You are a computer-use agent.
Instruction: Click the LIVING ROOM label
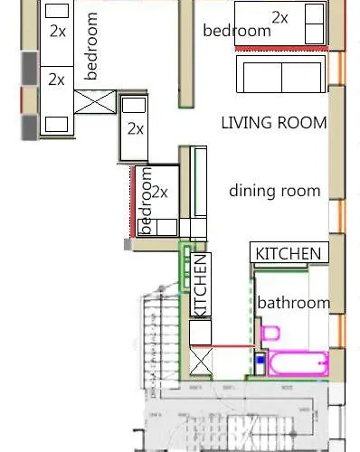click(x=274, y=123)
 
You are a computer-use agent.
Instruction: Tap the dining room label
click(x=274, y=191)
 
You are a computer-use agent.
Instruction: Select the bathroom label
click(x=294, y=303)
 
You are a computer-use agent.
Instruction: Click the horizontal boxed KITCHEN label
click(x=289, y=253)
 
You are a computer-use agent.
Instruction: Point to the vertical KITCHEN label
click(x=201, y=285)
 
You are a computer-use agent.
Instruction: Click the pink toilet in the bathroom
click(x=270, y=333)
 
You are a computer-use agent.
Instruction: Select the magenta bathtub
click(x=298, y=363)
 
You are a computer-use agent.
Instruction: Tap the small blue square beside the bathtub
click(x=261, y=360)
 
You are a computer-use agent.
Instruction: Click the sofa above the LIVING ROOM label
click(x=281, y=74)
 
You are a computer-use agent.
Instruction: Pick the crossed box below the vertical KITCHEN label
click(x=201, y=362)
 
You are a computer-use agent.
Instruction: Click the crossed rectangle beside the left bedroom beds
click(x=95, y=102)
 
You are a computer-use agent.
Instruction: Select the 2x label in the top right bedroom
click(x=279, y=17)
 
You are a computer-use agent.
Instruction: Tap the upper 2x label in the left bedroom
click(x=58, y=31)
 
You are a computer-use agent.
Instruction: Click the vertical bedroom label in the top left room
click(x=91, y=46)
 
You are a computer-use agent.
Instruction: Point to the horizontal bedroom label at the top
click(x=237, y=31)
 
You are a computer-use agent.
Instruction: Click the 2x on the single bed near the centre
click(x=136, y=129)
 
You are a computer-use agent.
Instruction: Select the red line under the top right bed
click(x=281, y=48)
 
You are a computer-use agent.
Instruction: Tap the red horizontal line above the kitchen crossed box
click(x=223, y=346)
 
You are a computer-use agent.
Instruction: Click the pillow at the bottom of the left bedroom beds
click(x=56, y=124)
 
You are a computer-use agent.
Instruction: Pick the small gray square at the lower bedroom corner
click(x=128, y=244)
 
